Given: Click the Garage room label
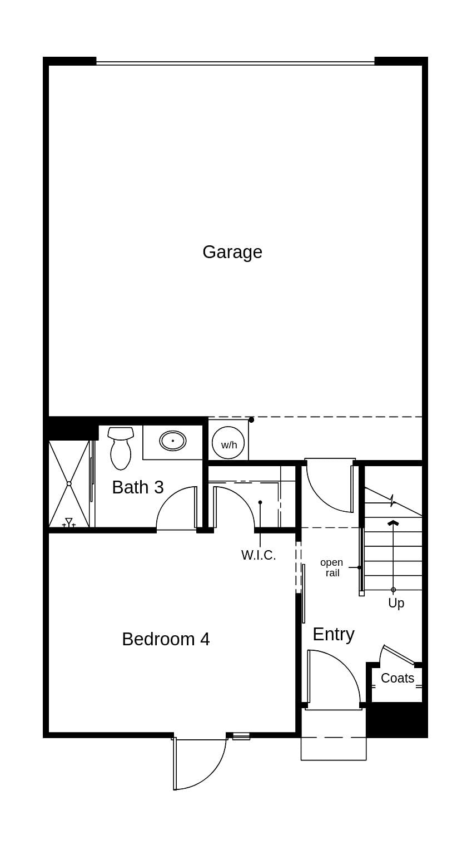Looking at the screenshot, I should click(x=232, y=252).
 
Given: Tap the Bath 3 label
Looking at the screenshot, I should click(x=138, y=487).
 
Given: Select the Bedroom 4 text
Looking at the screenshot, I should click(x=166, y=639).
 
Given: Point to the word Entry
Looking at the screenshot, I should click(x=333, y=634).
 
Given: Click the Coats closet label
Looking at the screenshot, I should click(x=397, y=678).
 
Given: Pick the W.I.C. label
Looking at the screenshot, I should click(x=259, y=555).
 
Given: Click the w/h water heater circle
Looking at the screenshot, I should click(x=228, y=443).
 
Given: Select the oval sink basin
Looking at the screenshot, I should click(x=173, y=441).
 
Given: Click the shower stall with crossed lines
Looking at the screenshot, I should click(x=69, y=483).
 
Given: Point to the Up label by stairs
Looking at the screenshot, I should click(x=396, y=603).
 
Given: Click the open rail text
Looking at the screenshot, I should click(x=332, y=567).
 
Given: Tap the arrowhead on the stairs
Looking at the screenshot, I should click(x=393, y=522).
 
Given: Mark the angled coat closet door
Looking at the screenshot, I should click(x=398, y=655).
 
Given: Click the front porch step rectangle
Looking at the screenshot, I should click(x=334, y=749).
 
